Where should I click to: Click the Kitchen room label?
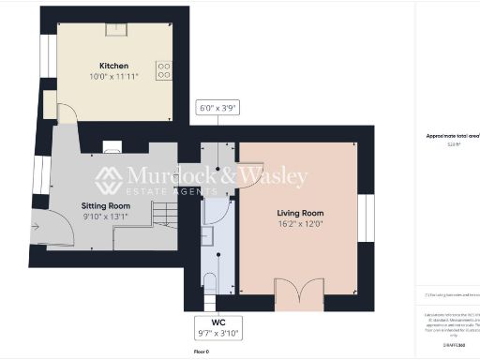(x=113, y=66)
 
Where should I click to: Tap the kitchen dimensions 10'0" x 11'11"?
(x=113, y=76)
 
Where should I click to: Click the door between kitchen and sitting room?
(x=67, y=113)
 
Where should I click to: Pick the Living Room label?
(x=298, y=213)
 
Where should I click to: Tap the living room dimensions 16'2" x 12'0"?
(x=298, y=223)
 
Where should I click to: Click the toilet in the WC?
(x=210, y=284)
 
